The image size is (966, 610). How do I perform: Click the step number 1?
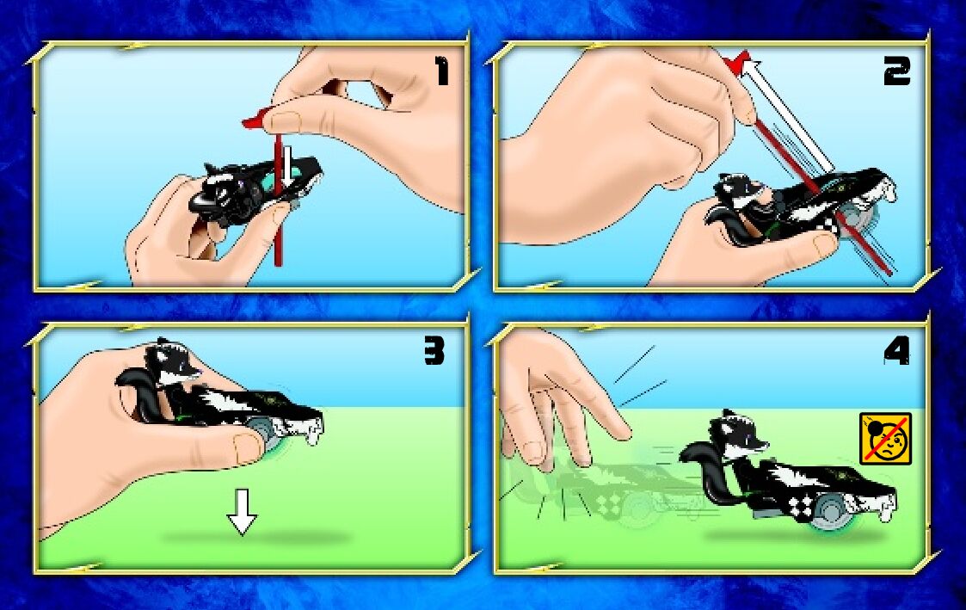point(442,71)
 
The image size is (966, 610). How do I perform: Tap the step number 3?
point(434,353)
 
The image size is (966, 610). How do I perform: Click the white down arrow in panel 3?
point(242,511)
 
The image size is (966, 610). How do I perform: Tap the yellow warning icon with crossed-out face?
point(885,438)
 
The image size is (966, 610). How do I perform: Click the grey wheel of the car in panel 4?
point(828,511)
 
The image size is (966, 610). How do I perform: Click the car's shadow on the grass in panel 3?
point(255,538)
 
